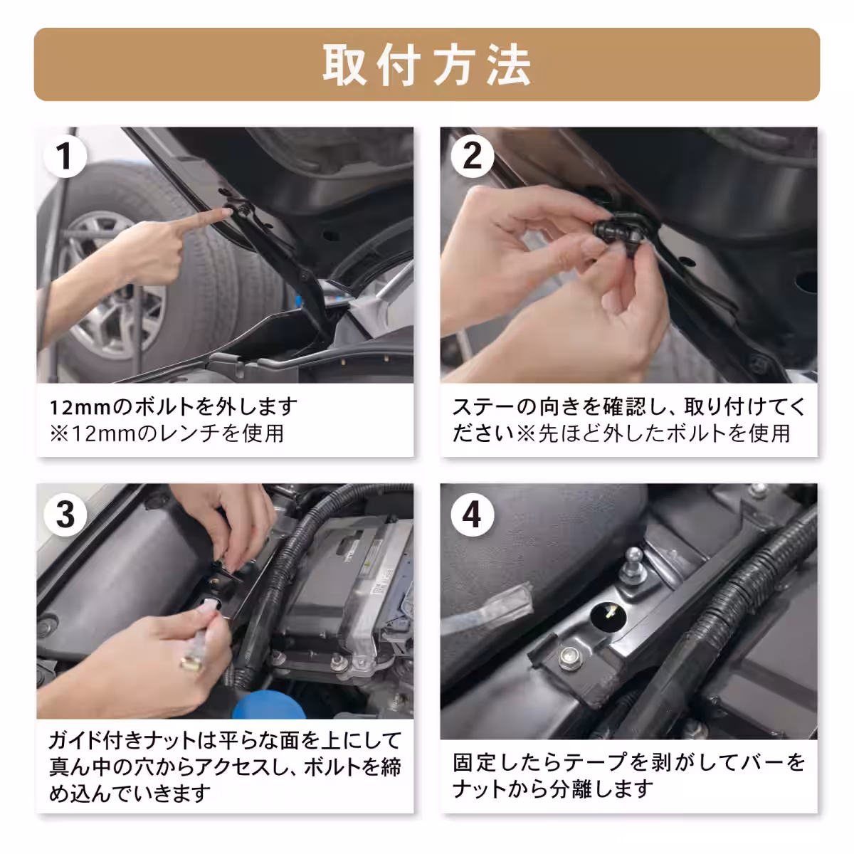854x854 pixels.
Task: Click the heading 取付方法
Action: (427, 65)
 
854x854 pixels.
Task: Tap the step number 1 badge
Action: (65, 154)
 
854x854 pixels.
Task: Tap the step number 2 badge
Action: (471, 154)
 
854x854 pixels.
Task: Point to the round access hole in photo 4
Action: (609, 613)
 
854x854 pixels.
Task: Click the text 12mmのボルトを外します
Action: (174, 407)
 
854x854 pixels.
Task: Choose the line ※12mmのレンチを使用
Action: (167, 433)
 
